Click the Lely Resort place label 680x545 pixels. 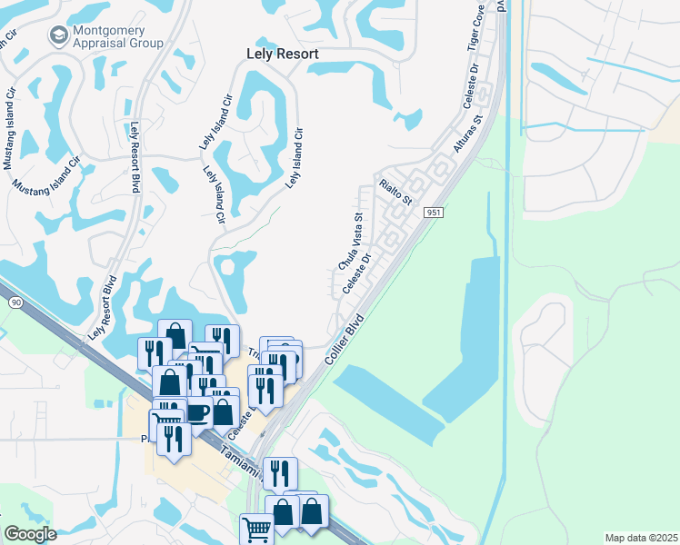pyautogui.click(x=283, y=54)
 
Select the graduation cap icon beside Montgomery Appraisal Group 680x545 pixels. pyautogui.click(x=59, y=35)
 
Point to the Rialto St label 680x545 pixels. pyautogui.click(x=396, y=190)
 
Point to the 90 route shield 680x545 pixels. pyautogui.click(x=15, y=301)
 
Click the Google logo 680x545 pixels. pyautogui.click(x=30, y=534)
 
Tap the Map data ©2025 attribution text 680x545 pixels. pyautogui.click(x=641, y=538)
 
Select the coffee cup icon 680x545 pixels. pyautogui.click(x=196, y=411)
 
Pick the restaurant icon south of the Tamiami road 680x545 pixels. pyautogui.click(x=279, y=472)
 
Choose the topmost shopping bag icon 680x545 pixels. pyautogui.click(x=174, y=335)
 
